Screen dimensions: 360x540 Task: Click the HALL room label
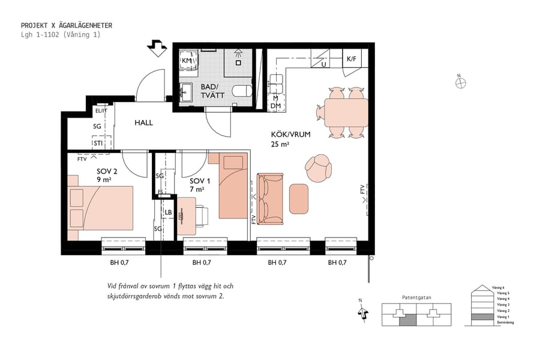[143, 122]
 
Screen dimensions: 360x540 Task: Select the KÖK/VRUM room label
[290, 135]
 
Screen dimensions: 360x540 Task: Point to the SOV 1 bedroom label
[200, 181]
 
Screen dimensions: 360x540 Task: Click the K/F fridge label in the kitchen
[351, 59]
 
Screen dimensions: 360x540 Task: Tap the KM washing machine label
[187, 61]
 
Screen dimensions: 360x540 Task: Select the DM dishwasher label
[275, 106]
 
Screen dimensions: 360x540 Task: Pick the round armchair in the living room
[317, 169]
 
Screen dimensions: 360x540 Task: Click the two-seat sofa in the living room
[270, 198]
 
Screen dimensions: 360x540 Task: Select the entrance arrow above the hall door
[158, 48]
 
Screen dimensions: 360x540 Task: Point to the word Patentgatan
[417, 297]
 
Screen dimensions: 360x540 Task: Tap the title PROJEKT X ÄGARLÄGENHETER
[66, 26]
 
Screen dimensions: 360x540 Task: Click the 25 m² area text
[280, 145]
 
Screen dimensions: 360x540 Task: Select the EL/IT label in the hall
[100, 111]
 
